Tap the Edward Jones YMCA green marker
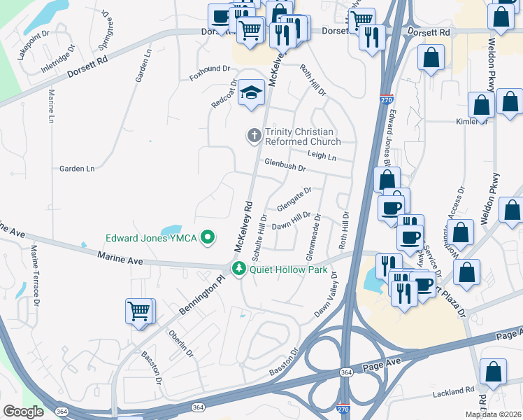(207, 238)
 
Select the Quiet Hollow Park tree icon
(238, 269)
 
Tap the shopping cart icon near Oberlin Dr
(138, 310)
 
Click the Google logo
(23, 412)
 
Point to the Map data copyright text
(493, 414)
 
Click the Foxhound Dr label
(210, 69)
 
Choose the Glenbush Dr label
(285, 166)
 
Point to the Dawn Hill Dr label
(291, 220)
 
